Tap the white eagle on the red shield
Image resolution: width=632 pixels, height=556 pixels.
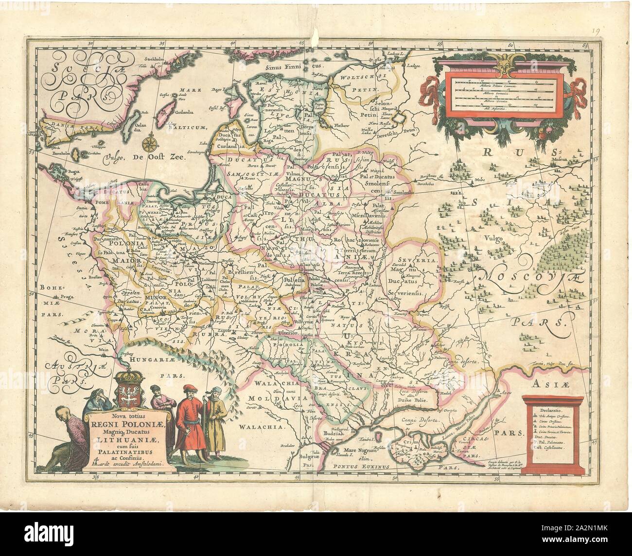(x=129, y=392)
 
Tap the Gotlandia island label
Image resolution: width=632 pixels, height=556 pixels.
(x=182, y=111)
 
